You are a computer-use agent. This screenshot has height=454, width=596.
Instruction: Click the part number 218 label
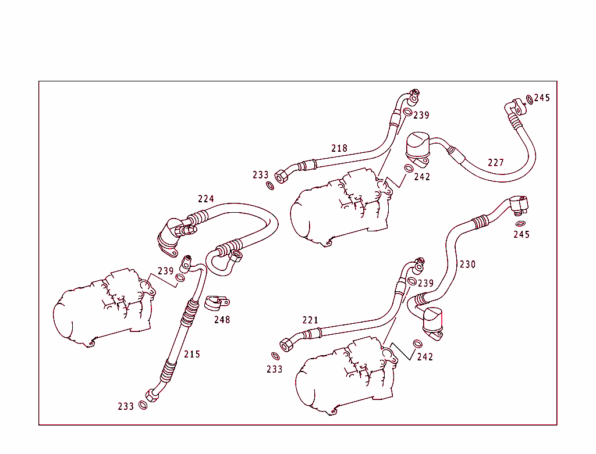pos(339,148)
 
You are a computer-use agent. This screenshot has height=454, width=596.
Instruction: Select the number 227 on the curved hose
pos(496,163)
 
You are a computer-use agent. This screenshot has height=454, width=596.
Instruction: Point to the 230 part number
pos(467,264)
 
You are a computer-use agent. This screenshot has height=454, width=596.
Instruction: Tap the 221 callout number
pos(310,320)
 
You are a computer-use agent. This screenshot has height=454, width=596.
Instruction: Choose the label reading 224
pos(206,199)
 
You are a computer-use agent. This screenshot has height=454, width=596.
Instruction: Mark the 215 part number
pos(192,354)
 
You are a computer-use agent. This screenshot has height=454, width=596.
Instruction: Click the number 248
pos(222,320)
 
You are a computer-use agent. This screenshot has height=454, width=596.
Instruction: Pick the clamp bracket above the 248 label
pos(218,303)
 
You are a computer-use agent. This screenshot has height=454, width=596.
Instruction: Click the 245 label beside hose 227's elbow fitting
pos(542,98)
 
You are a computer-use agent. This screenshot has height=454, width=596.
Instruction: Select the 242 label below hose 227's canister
pos(422,177)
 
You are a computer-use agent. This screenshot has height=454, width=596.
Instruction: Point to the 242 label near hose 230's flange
pos(425,357)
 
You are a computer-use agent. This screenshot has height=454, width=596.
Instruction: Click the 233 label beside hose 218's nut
pos(261,174)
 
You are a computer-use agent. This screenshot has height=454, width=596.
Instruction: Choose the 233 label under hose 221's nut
pos(274,369)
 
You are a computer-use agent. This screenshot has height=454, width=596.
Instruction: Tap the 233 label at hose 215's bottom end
pos(126,406)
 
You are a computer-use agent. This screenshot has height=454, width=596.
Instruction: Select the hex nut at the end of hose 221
pos(287,344)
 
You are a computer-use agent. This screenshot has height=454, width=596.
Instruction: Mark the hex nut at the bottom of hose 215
pos(151,395)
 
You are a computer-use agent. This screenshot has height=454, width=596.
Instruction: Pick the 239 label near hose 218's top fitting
pos(421,115)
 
